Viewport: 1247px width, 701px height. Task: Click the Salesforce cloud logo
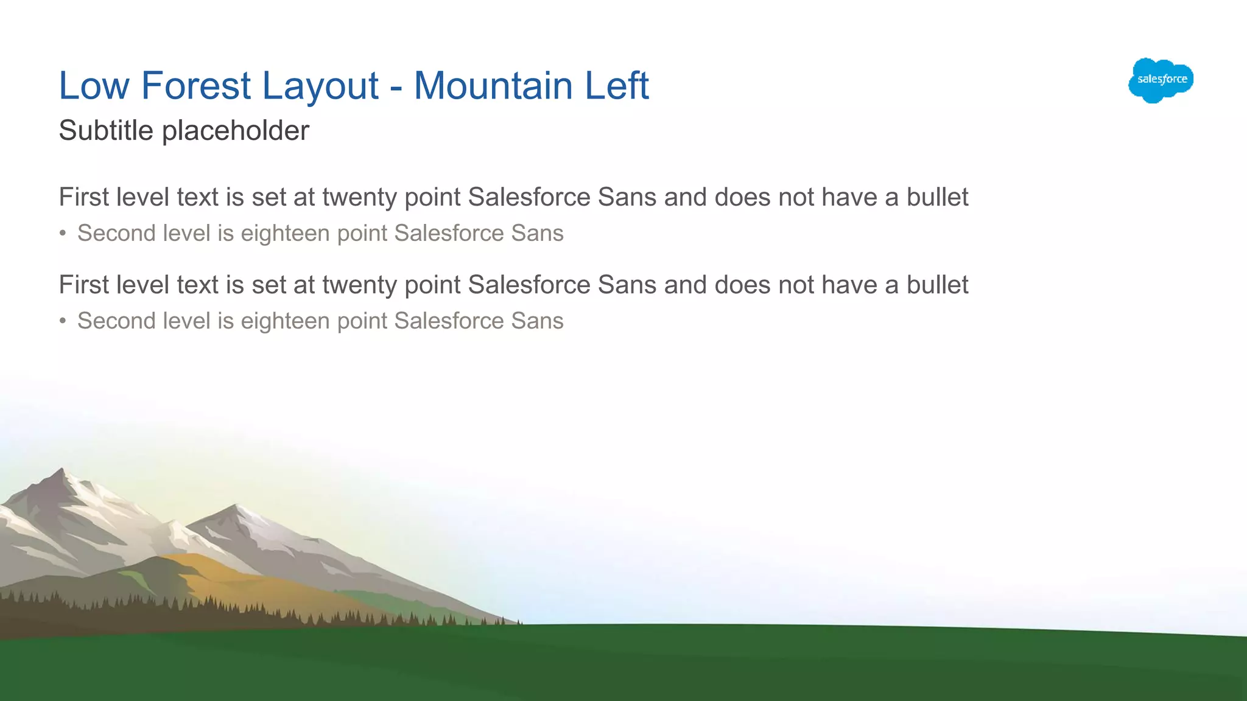(x=1161, y=80)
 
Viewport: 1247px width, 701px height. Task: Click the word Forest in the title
(x=195, y=85)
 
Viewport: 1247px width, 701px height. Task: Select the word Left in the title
(x=616, y=85)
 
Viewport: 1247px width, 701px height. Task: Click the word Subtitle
(x=105, y=130)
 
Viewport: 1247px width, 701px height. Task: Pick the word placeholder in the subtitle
(x=235, y=131)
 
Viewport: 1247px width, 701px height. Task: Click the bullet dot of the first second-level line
(x=63, y=234)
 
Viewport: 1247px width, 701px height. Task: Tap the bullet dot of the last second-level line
(x=63, y=321)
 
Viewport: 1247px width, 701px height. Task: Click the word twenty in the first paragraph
(x=359, y=198)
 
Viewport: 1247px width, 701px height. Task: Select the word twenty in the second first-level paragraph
(x=359, y=285)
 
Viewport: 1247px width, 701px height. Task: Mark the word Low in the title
(x=94, y=85)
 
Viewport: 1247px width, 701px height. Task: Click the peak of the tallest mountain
(x=61, y=469)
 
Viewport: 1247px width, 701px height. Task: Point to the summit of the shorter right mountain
(x=235, y=506)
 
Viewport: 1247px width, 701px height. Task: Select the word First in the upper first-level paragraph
(x=83, y=197)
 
